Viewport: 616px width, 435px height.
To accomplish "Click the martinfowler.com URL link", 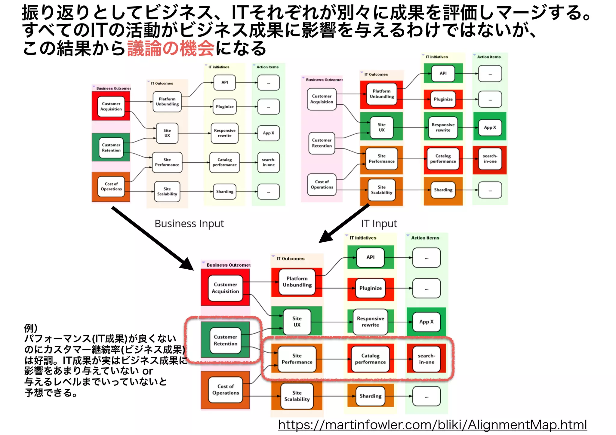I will point(432,424).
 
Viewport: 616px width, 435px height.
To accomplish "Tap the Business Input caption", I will point(189,224).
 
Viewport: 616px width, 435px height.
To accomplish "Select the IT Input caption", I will point(379,224).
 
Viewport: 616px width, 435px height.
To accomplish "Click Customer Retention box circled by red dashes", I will point(226,340).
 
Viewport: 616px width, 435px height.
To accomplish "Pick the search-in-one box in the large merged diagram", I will point(427,359).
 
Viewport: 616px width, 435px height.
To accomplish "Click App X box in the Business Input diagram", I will point(268,133).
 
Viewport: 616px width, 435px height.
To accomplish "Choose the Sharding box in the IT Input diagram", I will point(443,190).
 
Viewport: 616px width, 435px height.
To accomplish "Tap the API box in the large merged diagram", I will point(370,257).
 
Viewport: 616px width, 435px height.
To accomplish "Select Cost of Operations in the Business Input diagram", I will point(111,186).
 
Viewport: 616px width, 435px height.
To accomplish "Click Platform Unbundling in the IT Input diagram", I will point(382,94).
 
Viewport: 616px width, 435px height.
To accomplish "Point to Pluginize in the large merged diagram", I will point(370,288).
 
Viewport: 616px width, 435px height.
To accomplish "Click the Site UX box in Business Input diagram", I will point(167,133).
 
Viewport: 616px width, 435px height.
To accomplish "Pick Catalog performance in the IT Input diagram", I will point(443,159).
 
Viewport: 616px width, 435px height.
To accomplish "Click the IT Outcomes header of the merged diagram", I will point(290,259).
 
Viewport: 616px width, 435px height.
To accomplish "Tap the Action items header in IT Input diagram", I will point(489,57).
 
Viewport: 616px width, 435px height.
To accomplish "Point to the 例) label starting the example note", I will point(31,328).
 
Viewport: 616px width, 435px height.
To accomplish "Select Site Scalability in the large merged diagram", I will point(297,396).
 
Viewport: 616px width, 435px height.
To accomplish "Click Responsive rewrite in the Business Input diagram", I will point(225,133).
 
